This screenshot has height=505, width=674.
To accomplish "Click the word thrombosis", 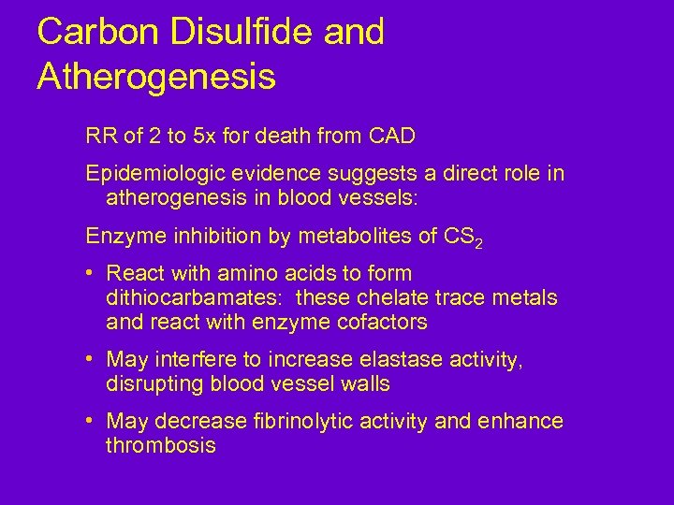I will pos(161,446).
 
